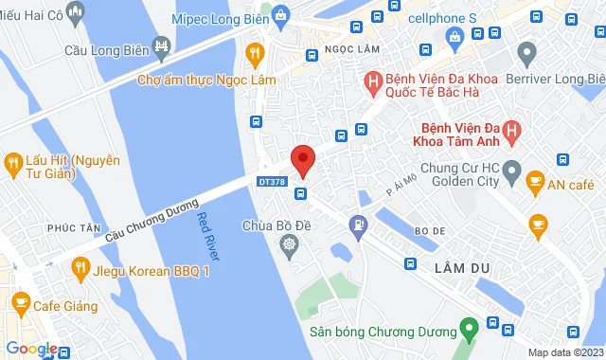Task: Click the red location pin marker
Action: [x=302, y=159]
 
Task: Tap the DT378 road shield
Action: [x=272, y=180]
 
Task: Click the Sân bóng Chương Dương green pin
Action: [x=467, y=332]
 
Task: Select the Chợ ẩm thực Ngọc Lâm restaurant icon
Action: [x=253, y=53]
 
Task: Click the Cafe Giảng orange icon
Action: [x=20, y=303]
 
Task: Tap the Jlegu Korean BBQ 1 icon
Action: [x=80, y=269]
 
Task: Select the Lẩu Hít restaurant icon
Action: [x=12, y=162]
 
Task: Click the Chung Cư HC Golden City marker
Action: [x=512, y=174]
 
